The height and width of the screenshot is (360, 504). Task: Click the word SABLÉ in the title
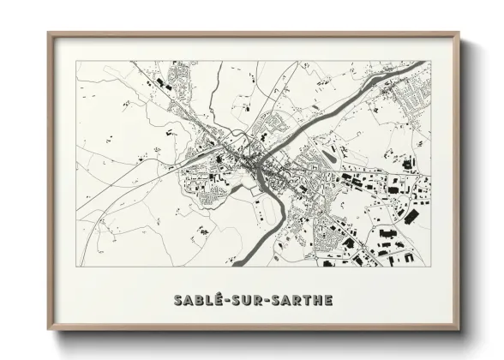pyautogui.click(x=195, y=301)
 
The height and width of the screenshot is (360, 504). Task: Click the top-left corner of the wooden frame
pyautogui.click(x=48, y=33)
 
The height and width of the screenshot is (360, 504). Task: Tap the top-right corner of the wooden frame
pyautogui.click(x=460, y=33)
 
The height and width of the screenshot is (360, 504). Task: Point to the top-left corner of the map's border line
pyautogui.click(x=76, y=62)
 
